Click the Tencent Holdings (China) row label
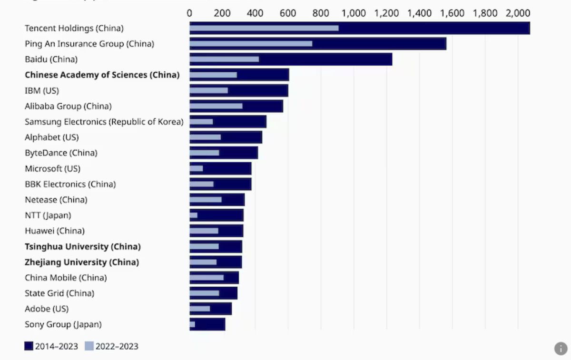(74, 29)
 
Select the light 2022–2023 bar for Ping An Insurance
(251, 44)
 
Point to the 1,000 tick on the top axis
(354, 13)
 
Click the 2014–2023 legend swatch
(29, 346)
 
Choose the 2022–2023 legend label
(117, 346)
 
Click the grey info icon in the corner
(561, 348)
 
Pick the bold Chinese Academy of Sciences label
(102, 75)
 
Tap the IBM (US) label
(42, 90)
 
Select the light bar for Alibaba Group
(216, 106)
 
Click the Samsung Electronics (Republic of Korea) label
(104, 122)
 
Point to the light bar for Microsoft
(196, 168)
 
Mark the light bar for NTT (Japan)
(193, 215)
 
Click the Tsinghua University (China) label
(82, 247)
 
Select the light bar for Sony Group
(192, 324)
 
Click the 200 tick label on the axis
(222, 13)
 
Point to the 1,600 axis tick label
(452, 13)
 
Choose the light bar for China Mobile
(207, 278)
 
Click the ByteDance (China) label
(61, 153)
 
